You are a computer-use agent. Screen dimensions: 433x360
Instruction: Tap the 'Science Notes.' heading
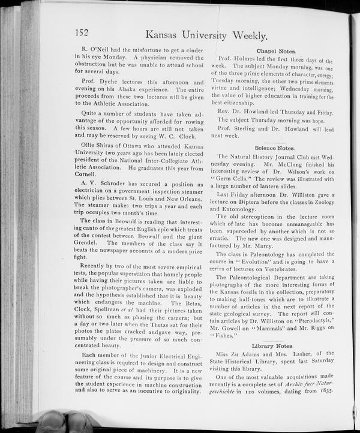[x=274, y=147]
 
